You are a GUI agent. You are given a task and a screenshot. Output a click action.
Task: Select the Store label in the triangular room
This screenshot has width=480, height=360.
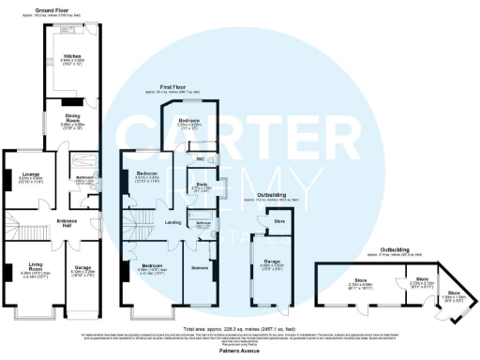[454, 292]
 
